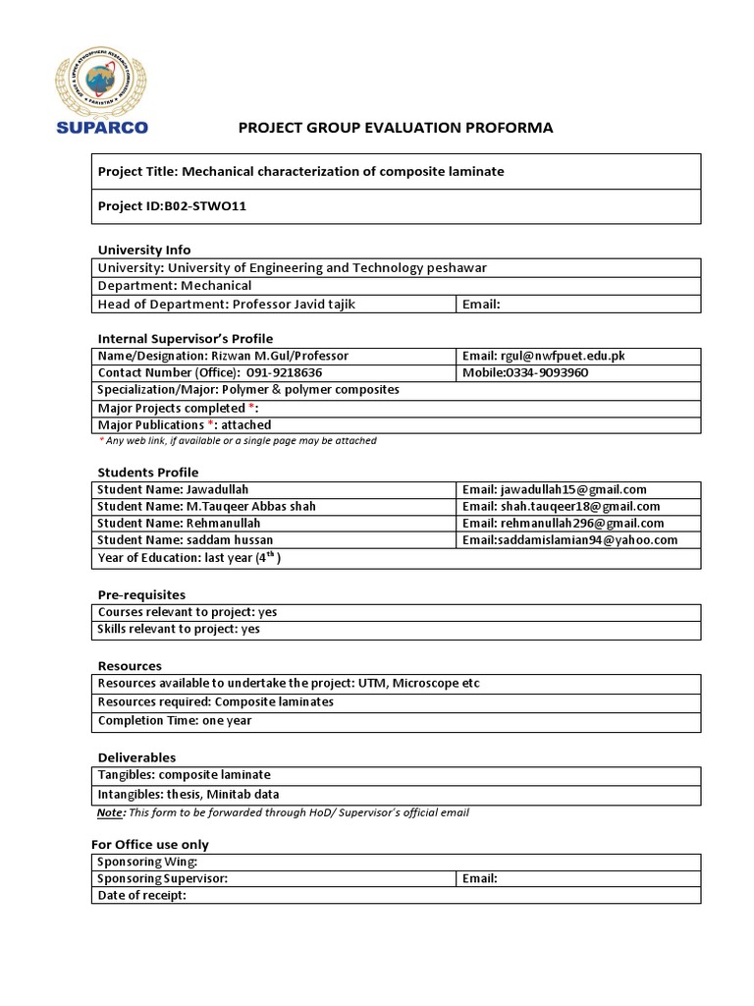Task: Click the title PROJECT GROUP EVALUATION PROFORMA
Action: click(x=397, y=128)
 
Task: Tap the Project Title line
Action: click(x=300, y=171)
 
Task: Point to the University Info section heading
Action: click(x=143, y=250)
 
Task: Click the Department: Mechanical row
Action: click(x=174, y=286)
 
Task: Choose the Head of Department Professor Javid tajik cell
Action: click(x=226, y=304)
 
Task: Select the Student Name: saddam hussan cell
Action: click(x=185, y=540)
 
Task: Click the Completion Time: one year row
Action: click(x=175, y=720)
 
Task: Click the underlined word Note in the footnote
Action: click(x=110, y=812)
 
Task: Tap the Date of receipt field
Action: click(x=142, y=895)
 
